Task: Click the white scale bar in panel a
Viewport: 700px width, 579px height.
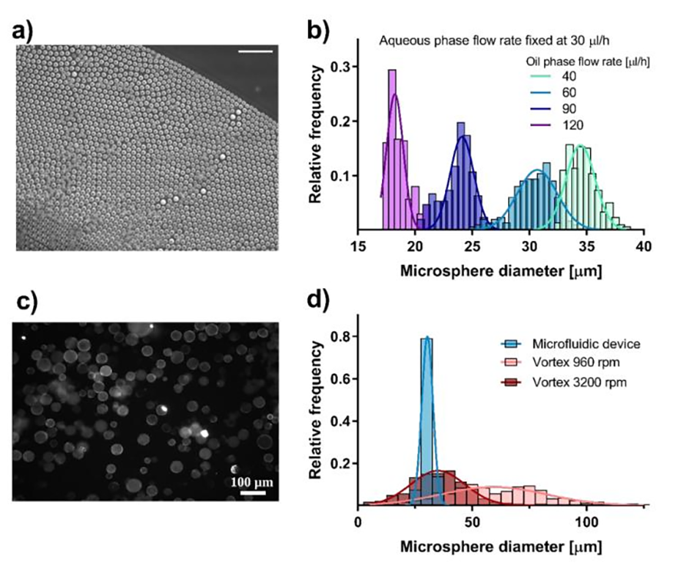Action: [x=255, y=51]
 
